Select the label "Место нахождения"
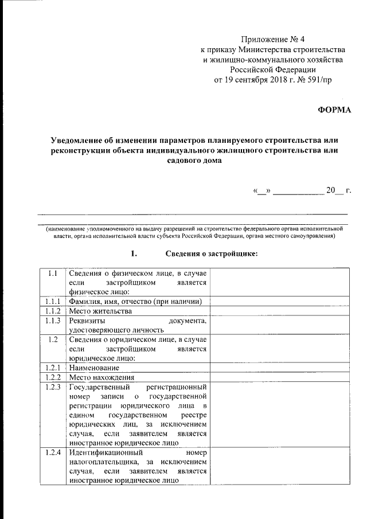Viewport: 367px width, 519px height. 101,377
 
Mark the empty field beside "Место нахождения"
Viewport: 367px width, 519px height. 280,377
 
